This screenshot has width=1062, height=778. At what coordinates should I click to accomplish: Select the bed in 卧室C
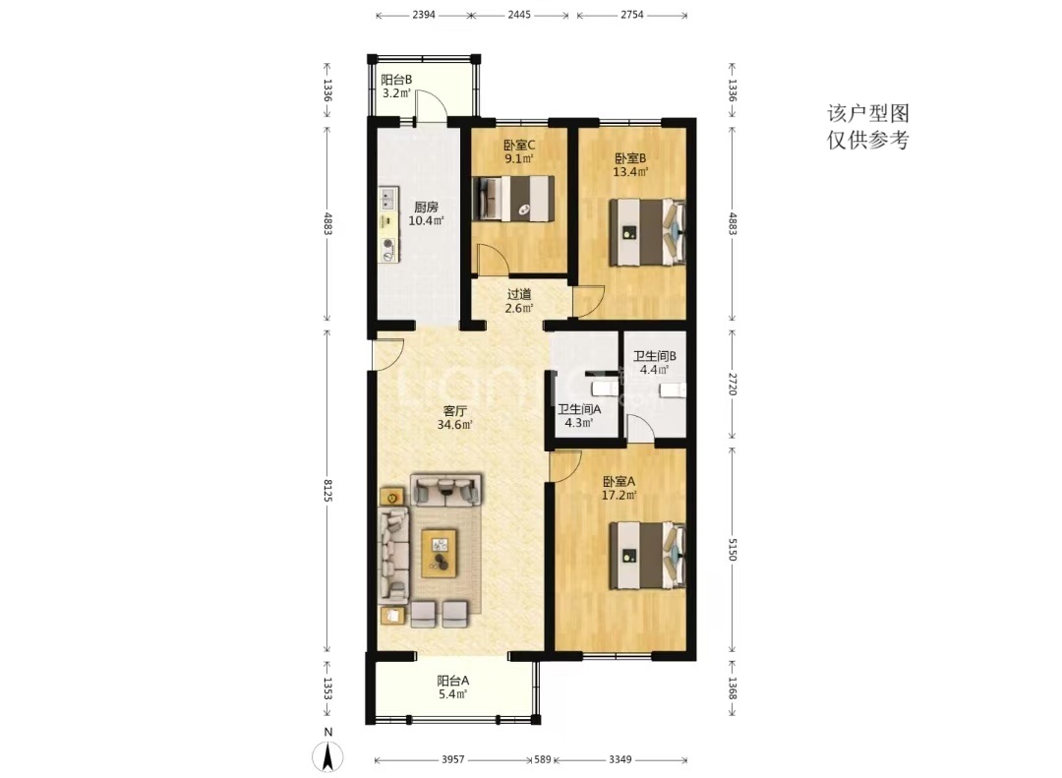pyautogui.click(x=513, y=199)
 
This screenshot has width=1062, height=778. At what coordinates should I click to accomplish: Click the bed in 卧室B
pyautogui.click(x=648, y=232)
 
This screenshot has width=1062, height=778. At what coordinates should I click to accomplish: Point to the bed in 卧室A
pyautogui.click(x=648, y=555)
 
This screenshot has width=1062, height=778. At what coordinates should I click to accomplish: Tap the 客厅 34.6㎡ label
pyautogui.click(x=454, y=418)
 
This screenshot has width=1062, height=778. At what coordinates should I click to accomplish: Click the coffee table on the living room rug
pyautogui.click(x=439, y=553)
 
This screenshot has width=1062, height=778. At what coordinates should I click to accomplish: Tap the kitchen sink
pyautogui.click(x=388, y=199)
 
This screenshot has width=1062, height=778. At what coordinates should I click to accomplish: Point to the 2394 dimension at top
pyautogui.click(x=423, y=15)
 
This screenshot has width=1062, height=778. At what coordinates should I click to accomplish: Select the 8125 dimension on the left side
pyautogui.click(x=327, y=491)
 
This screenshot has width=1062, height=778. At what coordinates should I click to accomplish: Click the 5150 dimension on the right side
pyautogui.click(x=733, y=549)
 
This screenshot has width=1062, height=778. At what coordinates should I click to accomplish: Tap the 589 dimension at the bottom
pyautogui.click(x=543, y=759)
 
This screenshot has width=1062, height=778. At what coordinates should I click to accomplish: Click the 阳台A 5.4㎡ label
pyautogui.click(x=453, y=688)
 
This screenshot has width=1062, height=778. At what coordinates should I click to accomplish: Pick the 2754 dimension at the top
pyautogui.click(x=632, y=15)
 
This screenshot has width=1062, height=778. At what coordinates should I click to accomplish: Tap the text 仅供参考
pyautogui.click(x=867, y=140)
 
